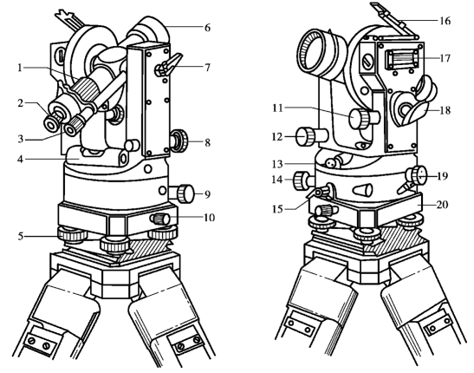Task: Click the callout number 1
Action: [x=20, y=68]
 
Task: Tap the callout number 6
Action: [x=207, y=28]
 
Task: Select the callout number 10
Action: [x=209, y=218]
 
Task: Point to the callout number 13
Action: [x=277, y=164]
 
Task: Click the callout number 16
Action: [x=445, y=21]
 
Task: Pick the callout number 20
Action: [x=442, y=205]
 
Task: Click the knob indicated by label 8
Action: [x=179, y=141]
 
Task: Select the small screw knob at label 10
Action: [x=160, y=219]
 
